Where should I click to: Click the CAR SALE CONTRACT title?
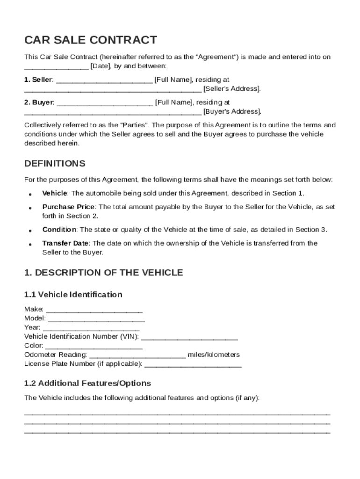(x=91, y=40)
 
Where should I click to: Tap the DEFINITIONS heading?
(x=55, y=163)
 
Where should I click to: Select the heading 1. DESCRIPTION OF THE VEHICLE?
(x=103, y=273)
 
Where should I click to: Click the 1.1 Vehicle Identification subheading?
(x=73, y=294)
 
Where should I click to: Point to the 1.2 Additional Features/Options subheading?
(x=87, y=383)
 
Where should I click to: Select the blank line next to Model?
(x=96, y=319)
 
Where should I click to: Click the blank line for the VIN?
(x=189, y=337)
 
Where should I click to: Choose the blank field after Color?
(x=94, y=346)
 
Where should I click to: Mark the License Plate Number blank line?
(x=193, y=364)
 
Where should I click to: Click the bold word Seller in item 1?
(x=42, y=80)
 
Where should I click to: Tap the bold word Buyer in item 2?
(x=43, y=102)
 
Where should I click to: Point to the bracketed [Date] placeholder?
(x=101, y=66)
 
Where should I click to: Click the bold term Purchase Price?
(x=68, y=207)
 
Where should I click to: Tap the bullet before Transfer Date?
(x=30, y=244)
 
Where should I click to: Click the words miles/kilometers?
(x=214, y=355)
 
